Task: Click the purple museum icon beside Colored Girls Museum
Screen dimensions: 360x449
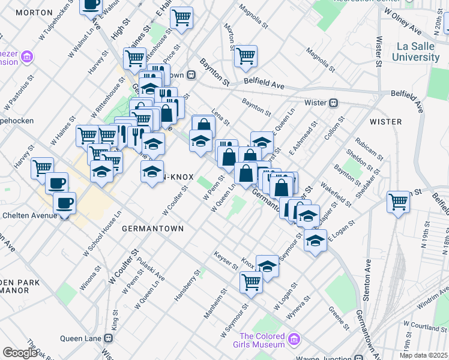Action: tap(294, 340)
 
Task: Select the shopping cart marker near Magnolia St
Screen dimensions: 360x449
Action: tap(246, 56)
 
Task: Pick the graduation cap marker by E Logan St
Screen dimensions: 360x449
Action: tap(315, 241)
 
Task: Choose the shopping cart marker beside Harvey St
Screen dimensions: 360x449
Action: tap(42, 167)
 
